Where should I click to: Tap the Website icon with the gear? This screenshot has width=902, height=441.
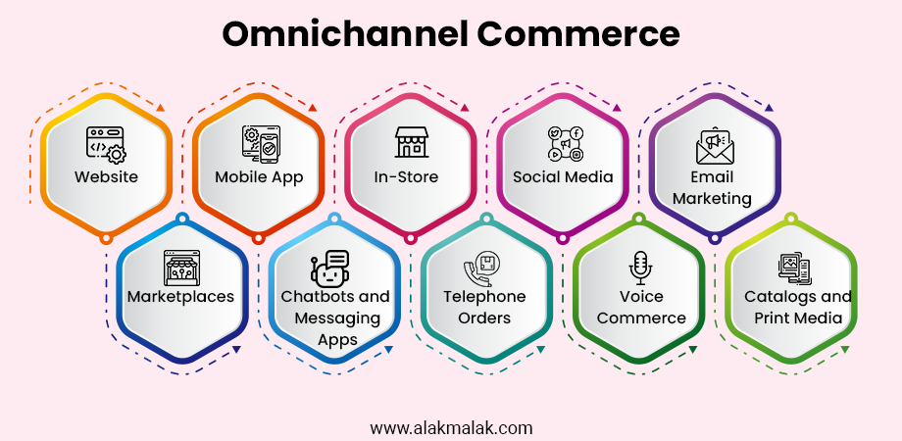(107, 145)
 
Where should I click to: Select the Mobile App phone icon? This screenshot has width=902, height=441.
(261, 144)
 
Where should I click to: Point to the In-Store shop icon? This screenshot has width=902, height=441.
(412, 141)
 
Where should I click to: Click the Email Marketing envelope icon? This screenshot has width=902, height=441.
(714, 145)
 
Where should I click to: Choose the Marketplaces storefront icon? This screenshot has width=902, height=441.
(181, 268)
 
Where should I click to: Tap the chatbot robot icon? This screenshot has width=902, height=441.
(329, 268)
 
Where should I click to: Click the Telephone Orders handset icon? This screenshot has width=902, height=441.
(482, 269)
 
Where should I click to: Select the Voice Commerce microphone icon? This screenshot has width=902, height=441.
(640, 268)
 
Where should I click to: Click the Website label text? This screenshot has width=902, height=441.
(107, 176)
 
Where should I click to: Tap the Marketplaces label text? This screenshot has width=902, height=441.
(180, 296)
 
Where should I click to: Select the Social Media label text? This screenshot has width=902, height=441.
(563, 176)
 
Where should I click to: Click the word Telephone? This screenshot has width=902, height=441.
(484, 297)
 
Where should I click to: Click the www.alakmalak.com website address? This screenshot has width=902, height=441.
(451, 428)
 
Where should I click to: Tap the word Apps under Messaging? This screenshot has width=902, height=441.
(337, 340)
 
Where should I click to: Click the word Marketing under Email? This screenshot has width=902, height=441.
(712, 198)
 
